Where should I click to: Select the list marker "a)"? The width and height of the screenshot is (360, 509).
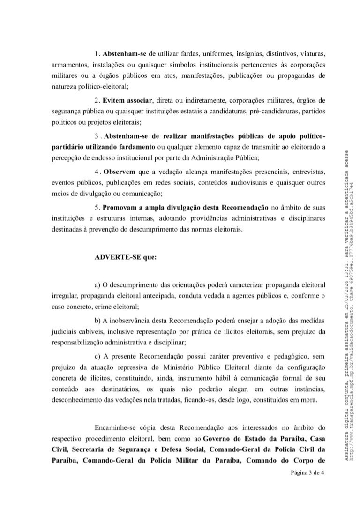(98, 285)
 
